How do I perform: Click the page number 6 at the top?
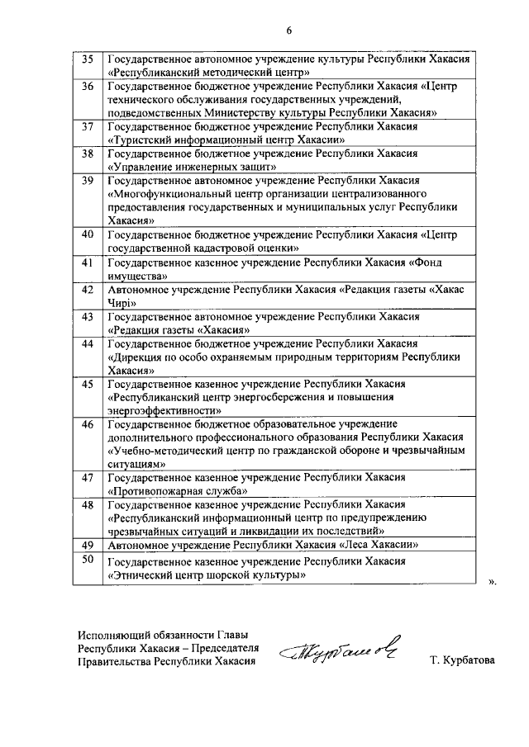[x=289, y=31]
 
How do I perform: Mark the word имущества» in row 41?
[x=138, y=276]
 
